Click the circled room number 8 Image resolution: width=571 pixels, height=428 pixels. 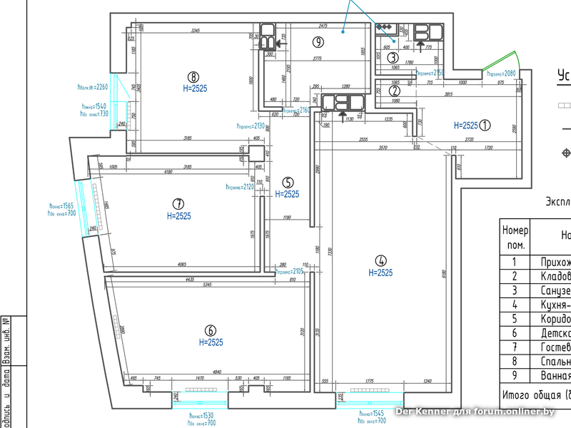pyautogui.click(x=192, y=76)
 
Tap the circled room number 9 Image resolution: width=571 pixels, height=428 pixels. pyautogui.click(x=318, y=42)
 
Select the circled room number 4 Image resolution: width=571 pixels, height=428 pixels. pyautogui.click(x=380, y=260)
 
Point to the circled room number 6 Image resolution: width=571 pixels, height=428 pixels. pyautogui.click(x=211, y=330)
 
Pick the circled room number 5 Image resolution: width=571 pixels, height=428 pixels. pyautogui.click(x=287, y=182)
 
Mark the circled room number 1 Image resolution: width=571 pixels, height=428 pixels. pyautogui.click(x=485, y=125)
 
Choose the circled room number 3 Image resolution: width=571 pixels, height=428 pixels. pyautogui.click(x=393, y=58)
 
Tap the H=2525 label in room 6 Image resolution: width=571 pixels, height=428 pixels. pyautogui.click(x=211, y=342)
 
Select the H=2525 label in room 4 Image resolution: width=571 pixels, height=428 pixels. pyautogui.click(x=380, y=272)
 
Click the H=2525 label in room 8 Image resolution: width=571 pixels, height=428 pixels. pyautogui.click(x=192, y=88)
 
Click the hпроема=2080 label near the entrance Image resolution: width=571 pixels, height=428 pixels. pyautogui.click(x=500, y=73)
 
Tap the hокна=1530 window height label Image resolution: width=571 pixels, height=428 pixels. pyautogui.click(x=202, y=415)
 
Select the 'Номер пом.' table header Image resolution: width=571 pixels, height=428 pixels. pyautogui.click(x=515, y=238)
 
